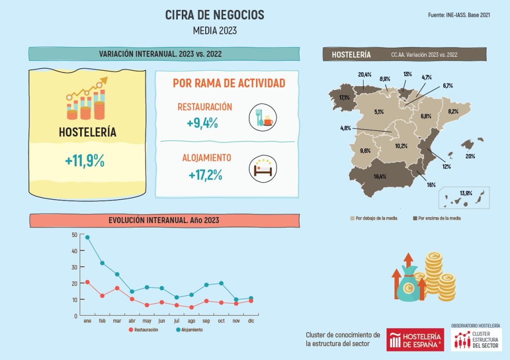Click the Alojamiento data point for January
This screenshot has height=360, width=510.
click(88, 237)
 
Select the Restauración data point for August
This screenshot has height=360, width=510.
click(192, 307)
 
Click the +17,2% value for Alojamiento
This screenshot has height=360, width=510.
click(205, 175)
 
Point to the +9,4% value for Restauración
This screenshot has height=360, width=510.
click(203, 123)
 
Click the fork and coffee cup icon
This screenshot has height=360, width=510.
click(262, 119)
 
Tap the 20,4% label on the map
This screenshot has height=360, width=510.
click(365, 75)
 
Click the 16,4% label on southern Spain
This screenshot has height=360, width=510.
click(380, 176)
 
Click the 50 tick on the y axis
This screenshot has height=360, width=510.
click(74, 235)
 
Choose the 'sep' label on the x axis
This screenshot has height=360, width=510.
click(206, 321)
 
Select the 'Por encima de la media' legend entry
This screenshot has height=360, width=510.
click(437, 218)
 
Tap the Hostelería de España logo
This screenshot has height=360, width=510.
click(415, 340)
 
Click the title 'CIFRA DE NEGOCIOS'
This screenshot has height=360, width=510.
click(215, 15)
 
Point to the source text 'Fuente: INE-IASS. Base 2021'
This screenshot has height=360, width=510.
click(459, 15)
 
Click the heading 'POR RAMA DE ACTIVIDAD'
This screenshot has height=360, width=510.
click(229, 83)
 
